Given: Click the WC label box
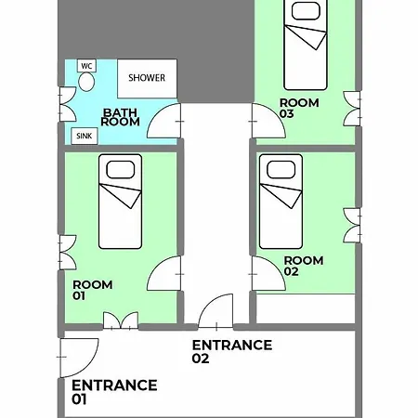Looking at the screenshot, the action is [x=86, y=66].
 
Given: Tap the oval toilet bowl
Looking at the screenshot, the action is [x=86, y=82].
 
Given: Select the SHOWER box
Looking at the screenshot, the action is [x=147, y=78].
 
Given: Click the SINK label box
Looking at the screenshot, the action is [x=85, y=136].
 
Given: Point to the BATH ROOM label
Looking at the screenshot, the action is [x=120, y=117].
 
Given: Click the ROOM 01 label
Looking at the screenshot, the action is [x=92, y=290].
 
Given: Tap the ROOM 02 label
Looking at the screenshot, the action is [x=304, y=266].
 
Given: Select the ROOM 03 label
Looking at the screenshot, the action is [x=299, y=109].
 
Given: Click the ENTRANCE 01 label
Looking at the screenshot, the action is [x=114, y=392].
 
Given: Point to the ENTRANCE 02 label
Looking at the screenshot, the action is [x=232, y=351].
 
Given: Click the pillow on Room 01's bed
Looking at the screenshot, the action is [x=121, y=170].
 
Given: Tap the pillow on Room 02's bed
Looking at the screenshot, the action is [x=281, y=170].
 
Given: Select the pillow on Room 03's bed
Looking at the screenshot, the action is [x=306, y=11].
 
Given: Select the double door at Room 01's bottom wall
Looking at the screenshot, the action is [x=121, y=320].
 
